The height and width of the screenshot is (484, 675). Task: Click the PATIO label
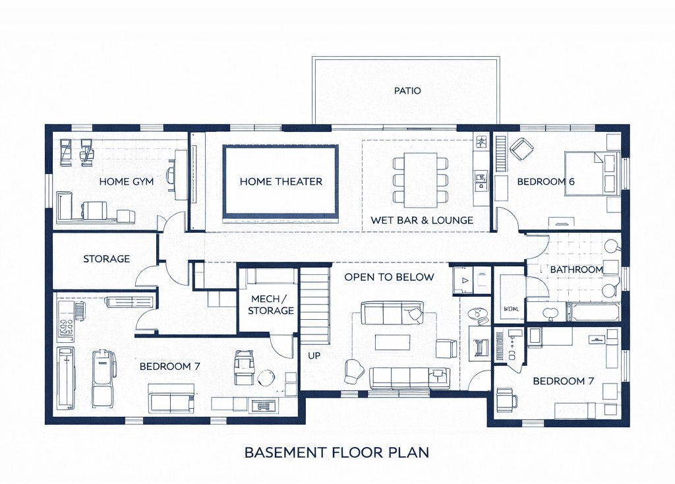[x=407, y=90]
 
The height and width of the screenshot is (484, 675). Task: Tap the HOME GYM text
[x=126, y=181]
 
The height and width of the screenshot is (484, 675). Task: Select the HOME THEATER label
[x=281, y=181]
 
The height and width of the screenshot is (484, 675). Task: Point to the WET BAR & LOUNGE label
[x=422, y=220]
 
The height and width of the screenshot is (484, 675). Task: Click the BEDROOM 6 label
[x=546, y=181]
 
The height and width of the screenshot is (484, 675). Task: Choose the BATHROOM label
[x=576, y=270]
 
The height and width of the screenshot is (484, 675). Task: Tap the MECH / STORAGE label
[x=272, y=305]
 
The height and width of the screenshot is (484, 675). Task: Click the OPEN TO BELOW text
[x=389, y=277]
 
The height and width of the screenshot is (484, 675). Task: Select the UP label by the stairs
[x=314, y=355]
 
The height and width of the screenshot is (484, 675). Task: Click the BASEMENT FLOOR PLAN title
[x=337, y=452]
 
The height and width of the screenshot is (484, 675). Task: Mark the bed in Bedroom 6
[x=592, y=173]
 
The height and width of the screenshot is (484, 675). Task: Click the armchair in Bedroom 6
[x=522, y=149]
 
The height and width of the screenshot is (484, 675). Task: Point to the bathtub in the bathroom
[x=593, y=312]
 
